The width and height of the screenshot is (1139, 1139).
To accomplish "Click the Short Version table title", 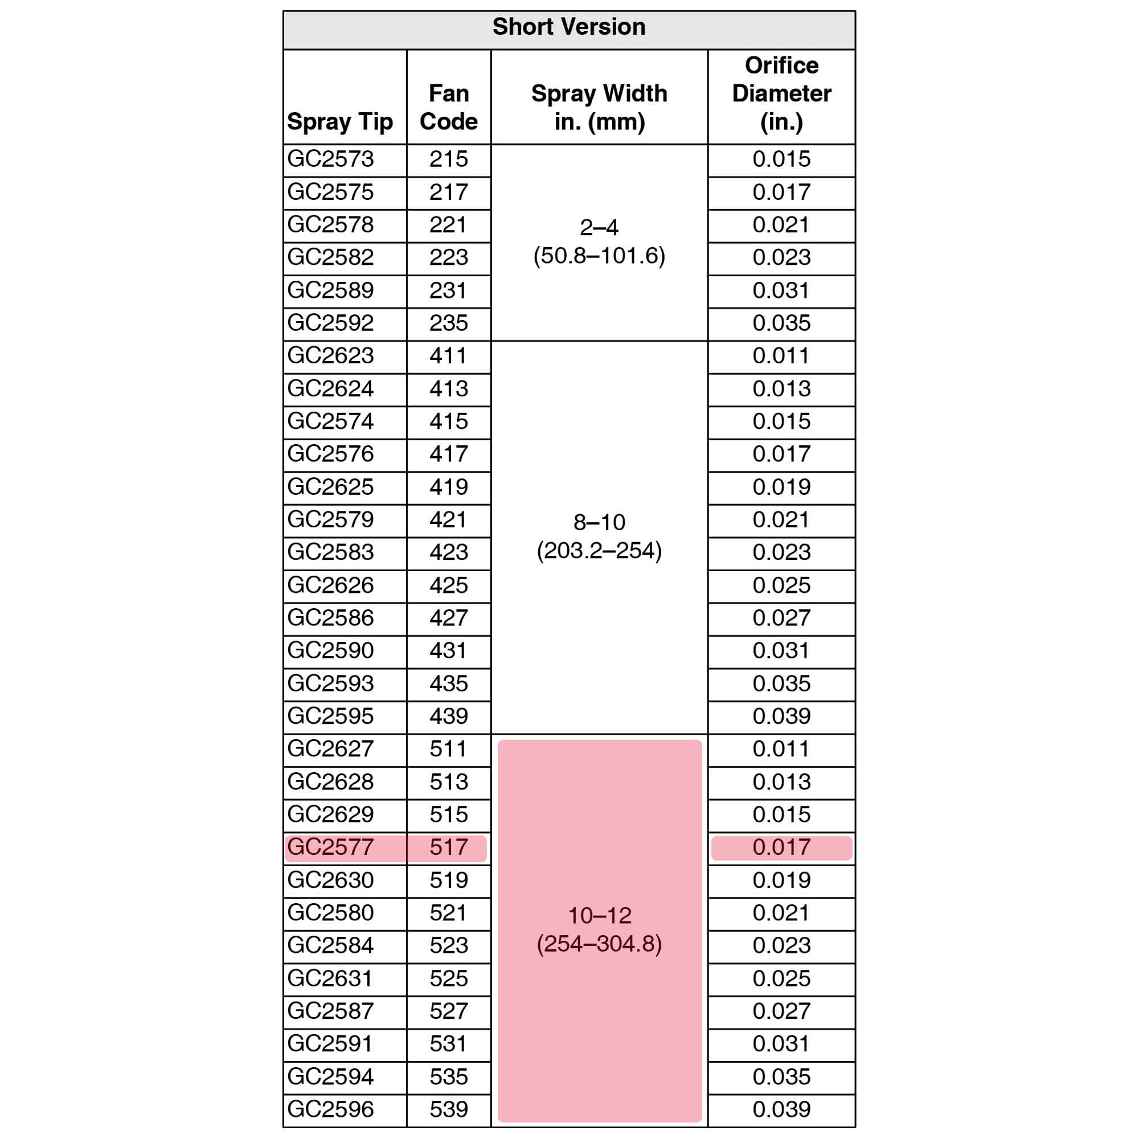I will [x=569, y=27].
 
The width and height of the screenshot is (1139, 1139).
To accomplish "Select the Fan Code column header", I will [x=449, y=107].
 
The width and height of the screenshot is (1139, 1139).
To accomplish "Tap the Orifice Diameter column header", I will [x=781, y=94].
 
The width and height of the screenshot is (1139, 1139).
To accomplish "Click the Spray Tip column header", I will [x=339, y=121].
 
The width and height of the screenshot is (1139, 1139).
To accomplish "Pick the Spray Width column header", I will [x=599, y=107].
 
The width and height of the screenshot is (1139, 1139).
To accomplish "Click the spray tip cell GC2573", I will [x=331, y=159].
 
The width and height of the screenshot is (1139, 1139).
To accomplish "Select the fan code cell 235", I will [x=449, y=323].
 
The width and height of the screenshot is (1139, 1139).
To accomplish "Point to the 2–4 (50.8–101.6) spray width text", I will [x=599, y=241].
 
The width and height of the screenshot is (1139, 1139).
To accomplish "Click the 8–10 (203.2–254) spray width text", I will [x=599, y=536].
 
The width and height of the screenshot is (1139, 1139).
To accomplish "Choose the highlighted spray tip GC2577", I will [x=331, y=847].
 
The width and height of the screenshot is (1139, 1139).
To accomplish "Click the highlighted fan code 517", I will [x=449, y=847].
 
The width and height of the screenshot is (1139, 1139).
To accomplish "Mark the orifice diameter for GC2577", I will [x=781, y=847].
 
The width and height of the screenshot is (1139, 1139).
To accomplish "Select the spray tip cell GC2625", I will [x=331, y=487].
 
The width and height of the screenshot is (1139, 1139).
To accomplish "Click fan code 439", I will [x=449, y=716].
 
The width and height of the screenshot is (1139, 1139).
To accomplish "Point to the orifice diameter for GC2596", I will [x=781, y=1109].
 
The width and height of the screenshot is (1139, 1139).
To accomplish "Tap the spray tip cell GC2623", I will [x=331, y=356].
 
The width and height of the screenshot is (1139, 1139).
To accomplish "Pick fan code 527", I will [x=449, y=1011].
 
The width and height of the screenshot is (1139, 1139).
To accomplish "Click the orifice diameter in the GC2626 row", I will [x=781, y=585].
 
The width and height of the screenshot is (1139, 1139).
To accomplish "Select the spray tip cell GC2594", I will [x=331, y=1076].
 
